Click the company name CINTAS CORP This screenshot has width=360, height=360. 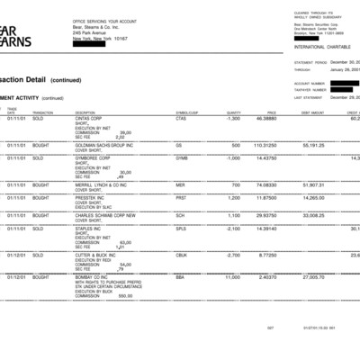94,118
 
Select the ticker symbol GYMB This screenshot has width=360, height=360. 181,157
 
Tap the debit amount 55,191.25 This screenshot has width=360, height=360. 312,144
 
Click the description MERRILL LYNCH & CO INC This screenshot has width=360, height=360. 103,184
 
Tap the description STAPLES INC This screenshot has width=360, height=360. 90,229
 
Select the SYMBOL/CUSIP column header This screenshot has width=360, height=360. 187,112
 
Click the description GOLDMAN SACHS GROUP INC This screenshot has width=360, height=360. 106,144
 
